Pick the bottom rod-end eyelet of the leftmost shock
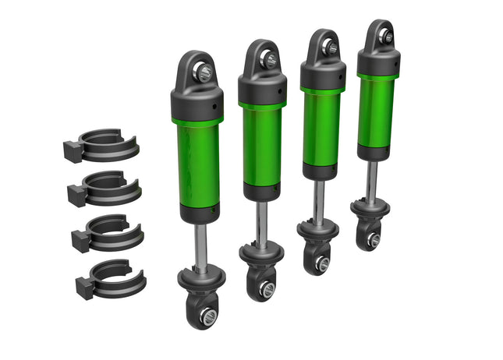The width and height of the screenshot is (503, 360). click(207, 315)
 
